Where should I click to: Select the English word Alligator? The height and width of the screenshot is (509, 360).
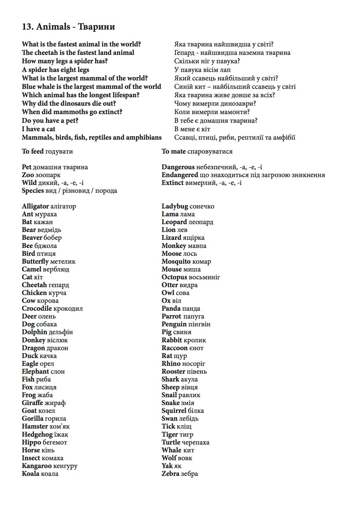click(35, 206)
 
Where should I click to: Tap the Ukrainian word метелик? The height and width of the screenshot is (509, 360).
click(63, 261)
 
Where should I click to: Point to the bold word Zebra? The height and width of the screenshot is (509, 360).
click(170, 474)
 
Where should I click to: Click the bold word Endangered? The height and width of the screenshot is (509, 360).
click(180, 175)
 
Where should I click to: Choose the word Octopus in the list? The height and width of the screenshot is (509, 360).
click(174, 277)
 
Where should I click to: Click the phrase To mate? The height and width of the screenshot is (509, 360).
click(174, 151)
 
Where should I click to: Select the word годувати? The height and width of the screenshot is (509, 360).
click(59, 151)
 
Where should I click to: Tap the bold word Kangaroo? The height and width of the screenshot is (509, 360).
click(37, 466)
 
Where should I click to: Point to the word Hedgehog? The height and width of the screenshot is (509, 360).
click(37, 434)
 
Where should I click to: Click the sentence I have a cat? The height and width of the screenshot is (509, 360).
click(38, 129)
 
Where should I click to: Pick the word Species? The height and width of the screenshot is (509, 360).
click(33, 191)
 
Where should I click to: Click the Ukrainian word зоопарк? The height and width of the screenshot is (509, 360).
click(48, 175)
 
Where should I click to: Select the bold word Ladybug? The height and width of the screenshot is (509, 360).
click(175, 206)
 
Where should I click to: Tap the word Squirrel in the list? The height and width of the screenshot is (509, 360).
click(174, 411)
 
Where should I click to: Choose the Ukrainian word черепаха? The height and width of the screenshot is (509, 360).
click(196, 442)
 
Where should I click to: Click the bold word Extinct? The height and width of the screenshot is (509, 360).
click(172, 183)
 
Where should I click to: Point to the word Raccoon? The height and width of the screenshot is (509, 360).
click(174, 348)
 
